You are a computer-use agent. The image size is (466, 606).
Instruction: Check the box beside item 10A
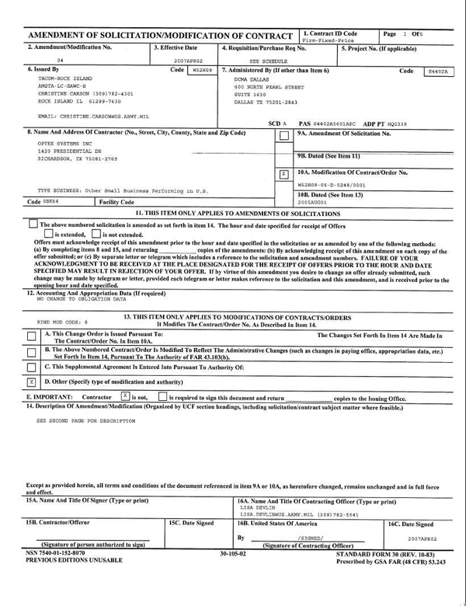[x=284, y=173]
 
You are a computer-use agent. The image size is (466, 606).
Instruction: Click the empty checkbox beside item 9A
[x=284, y=137]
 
